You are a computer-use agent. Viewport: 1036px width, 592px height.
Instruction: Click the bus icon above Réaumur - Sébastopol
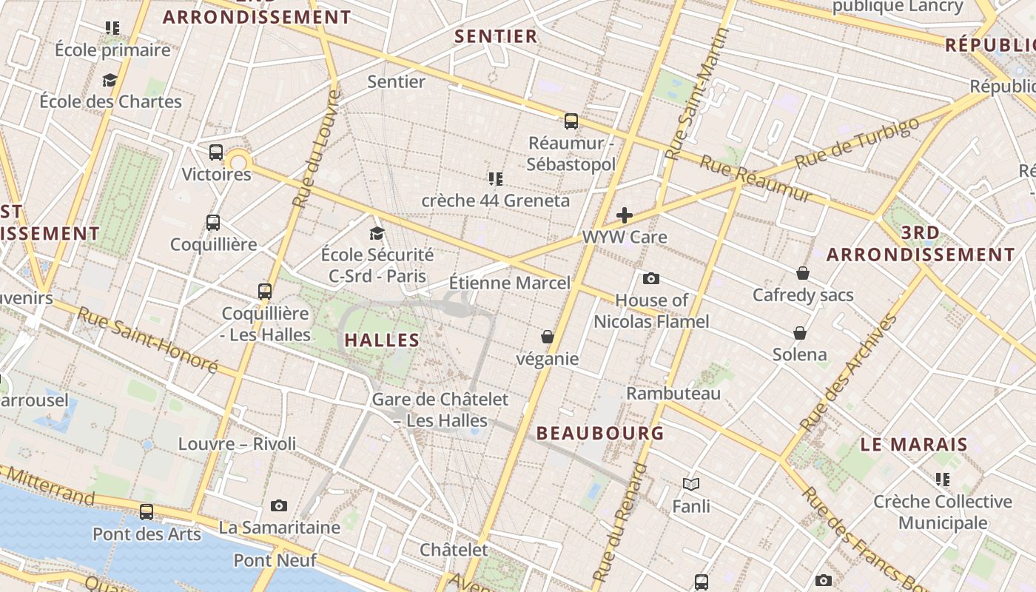571,121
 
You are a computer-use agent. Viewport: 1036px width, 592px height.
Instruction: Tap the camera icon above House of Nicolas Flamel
651,279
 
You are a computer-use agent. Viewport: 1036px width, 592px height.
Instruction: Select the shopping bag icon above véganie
548,337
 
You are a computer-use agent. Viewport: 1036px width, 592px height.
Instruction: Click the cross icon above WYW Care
625,215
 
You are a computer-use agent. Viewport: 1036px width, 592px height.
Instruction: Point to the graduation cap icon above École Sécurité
377,234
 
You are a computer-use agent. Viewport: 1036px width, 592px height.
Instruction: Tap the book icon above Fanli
691,485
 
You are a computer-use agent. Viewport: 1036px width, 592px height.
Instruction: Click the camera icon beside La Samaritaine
279,506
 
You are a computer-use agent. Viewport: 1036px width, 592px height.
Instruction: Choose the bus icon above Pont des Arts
147,512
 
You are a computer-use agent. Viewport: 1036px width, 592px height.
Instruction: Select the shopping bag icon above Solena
800,333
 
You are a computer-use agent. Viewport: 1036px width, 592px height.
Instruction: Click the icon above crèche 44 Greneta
496,179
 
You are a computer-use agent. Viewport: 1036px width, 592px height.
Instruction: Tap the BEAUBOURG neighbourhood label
600,433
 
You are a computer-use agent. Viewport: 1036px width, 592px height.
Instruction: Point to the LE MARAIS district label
914,445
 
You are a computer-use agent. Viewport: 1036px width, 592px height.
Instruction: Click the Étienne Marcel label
510,283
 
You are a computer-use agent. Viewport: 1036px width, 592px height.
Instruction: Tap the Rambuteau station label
673,393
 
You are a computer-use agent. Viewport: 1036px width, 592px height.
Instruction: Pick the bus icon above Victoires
216,153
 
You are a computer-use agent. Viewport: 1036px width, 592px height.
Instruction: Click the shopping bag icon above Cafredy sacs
803,274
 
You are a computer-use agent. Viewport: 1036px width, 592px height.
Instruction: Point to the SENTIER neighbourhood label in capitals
496,36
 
